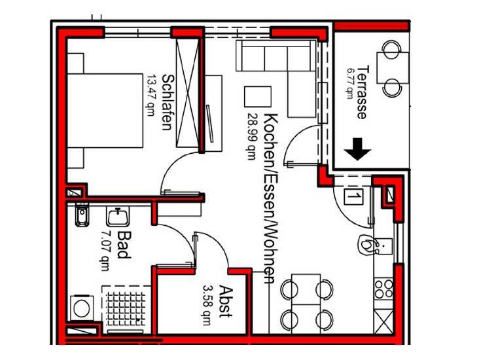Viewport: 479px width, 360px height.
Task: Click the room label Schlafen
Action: coord(168,102)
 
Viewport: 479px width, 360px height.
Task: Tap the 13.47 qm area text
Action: coord(151,96)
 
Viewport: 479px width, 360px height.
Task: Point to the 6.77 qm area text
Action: coord(349,83)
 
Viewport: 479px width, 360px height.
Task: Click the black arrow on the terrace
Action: coord(357,149)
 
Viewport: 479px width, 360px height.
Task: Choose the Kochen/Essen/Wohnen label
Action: coord(270,198)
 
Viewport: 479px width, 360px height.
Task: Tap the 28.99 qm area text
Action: coord(253,137)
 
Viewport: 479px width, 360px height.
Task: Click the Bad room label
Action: coord(124,245)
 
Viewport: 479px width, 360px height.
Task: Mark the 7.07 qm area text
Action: coord(105,250)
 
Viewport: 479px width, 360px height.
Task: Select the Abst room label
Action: coord(226,301)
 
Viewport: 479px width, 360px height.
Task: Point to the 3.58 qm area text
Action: coord(207,305)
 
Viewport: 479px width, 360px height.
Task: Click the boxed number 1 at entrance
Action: coord(353,196)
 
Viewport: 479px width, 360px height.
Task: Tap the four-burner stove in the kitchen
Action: coord(383,289)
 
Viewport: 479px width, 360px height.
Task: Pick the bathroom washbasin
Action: coord(118,216)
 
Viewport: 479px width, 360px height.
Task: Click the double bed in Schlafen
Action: coord(105,111)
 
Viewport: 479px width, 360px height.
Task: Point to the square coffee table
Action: coord(258,97)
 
